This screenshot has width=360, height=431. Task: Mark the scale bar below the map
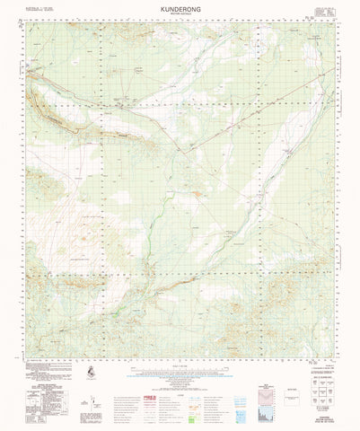coord(180,361)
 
